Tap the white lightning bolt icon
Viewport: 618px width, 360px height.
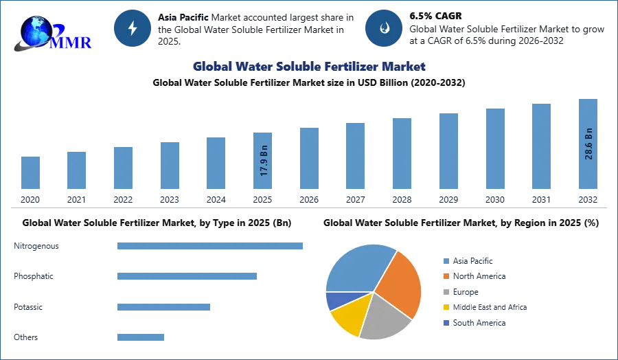click(133, 28)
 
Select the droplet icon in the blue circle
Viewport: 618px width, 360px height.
click(384, 28)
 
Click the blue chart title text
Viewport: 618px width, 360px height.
click(310, 67)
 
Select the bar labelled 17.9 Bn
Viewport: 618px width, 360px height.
click(264, 162)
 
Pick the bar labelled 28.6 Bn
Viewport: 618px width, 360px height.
click(588, 145)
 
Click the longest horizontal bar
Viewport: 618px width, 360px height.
click(211, 247)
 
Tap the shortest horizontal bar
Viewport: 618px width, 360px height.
click(140, 336)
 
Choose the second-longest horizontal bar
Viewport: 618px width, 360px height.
click(186, 275)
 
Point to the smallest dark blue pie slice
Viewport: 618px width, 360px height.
click(334, 300)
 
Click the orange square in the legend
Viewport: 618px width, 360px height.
click(446, 276)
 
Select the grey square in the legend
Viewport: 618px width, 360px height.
click(446, 292)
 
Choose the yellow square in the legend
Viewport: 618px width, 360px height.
click(446, 308)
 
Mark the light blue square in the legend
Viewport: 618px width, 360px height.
click(446, 260)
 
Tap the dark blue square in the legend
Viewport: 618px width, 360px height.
click(446, 323)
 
